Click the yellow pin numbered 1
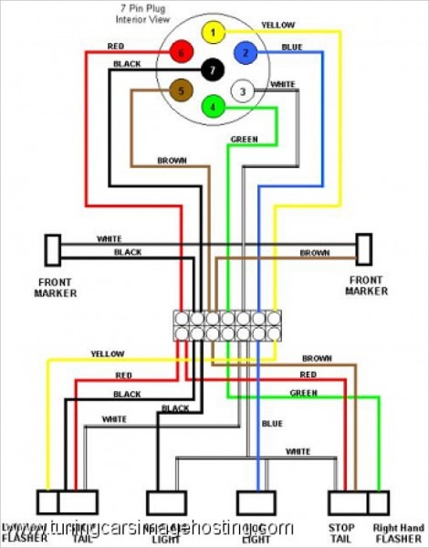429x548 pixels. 213,34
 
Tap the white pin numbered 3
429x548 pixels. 242,90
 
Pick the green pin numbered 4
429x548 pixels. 213,107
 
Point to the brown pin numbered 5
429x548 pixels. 182,90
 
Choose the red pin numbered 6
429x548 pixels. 182,53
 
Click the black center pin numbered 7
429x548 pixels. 213,70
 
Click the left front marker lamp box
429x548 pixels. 53,249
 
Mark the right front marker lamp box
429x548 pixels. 364,248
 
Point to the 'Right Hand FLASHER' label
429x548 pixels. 399,532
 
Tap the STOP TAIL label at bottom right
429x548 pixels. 341,532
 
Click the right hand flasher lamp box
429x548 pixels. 378,502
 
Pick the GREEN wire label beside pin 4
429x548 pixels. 241,140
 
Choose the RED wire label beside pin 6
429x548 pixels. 115,46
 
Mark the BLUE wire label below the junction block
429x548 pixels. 272,423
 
